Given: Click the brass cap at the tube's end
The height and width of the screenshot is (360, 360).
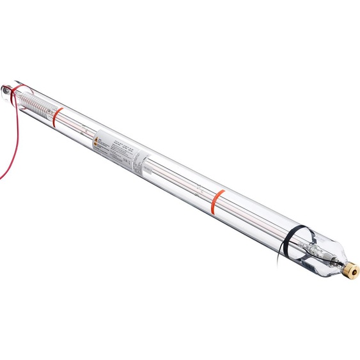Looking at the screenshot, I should coord(351,270).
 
